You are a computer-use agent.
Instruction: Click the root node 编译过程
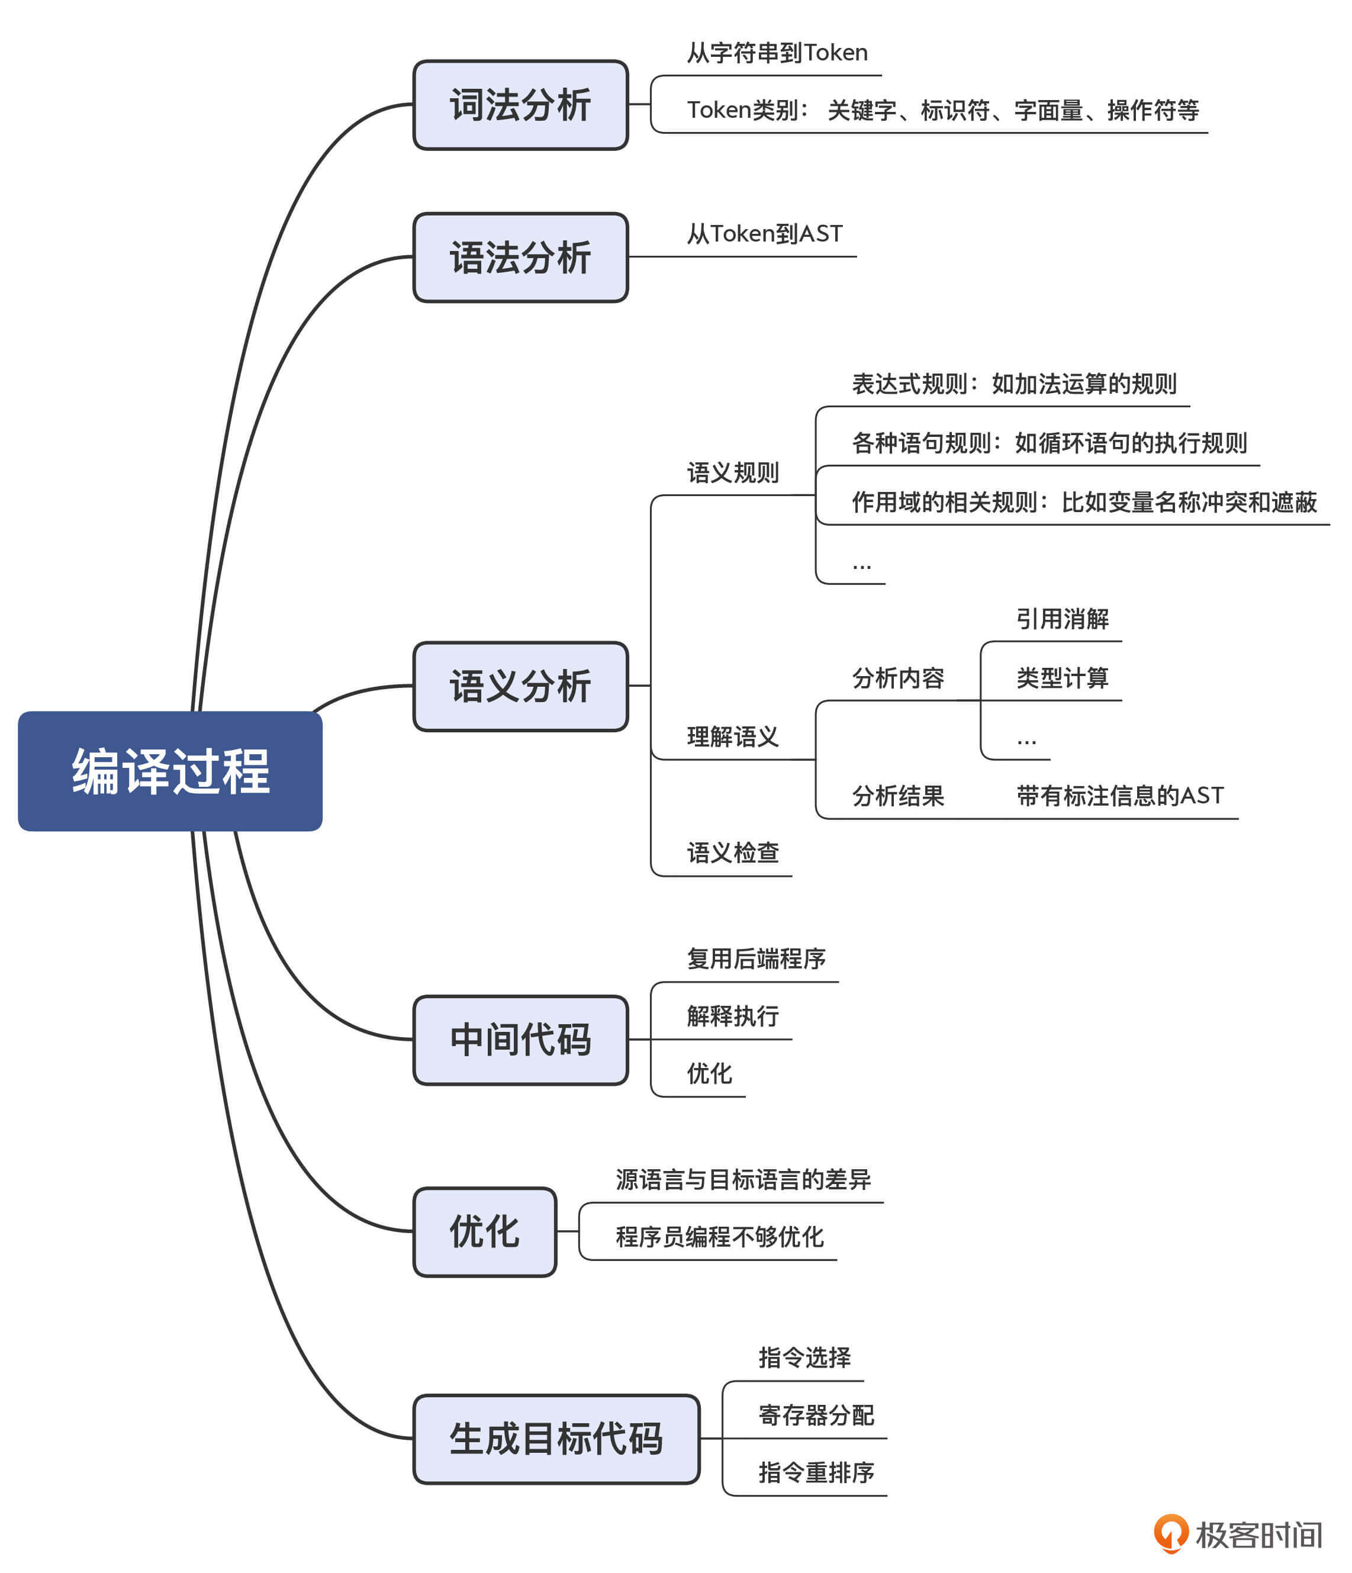(x=170, y=771)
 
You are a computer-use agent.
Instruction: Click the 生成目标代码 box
(x=556, y=1439)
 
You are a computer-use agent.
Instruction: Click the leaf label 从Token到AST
(x=764, y=234)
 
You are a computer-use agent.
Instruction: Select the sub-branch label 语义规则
(x=733, y=473)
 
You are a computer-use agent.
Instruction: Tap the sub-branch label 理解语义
(x=733, y=736)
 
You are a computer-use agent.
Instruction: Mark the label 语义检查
(x=733, y=853)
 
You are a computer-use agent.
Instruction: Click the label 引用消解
(x=1062, y=619)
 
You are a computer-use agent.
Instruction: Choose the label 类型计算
(x=1062, y=677)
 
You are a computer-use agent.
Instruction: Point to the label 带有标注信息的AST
(x=1120, y=795)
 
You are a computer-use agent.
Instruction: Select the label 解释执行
(x=733, y=1016)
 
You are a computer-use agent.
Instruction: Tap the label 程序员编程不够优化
(x=719, y=1237)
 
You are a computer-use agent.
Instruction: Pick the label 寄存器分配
(x=816, y=1415)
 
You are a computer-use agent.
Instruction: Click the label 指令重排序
(x=816, y=1473)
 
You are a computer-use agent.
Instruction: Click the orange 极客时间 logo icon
(x=1171, y=1533)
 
